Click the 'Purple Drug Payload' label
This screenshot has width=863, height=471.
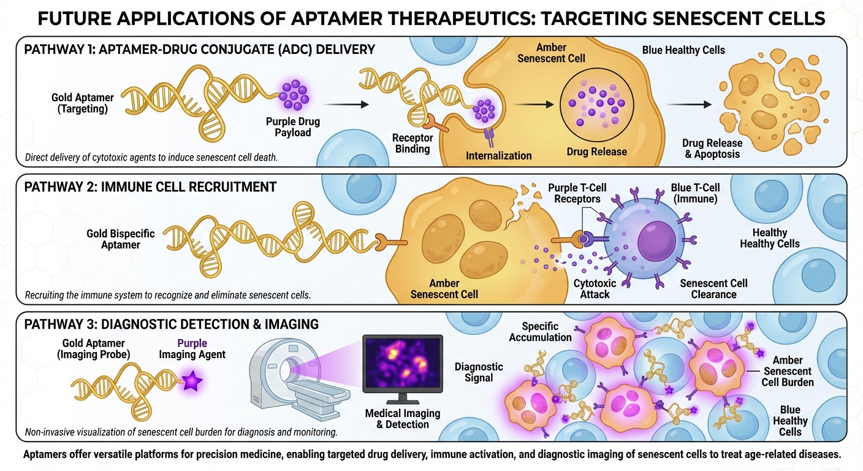coord(293,127)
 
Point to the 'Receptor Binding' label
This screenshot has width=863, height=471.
coord(412,144)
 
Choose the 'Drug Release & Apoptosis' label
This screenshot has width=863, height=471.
coord(712,148)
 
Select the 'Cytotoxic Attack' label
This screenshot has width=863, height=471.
coord(595,289)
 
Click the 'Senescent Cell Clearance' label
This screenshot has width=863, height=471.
coord(713,289)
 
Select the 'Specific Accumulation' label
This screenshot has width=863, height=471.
coord(547,332)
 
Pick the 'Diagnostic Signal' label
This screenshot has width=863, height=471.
coord(479,372)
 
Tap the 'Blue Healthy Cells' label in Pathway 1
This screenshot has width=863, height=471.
coord(683,50)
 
